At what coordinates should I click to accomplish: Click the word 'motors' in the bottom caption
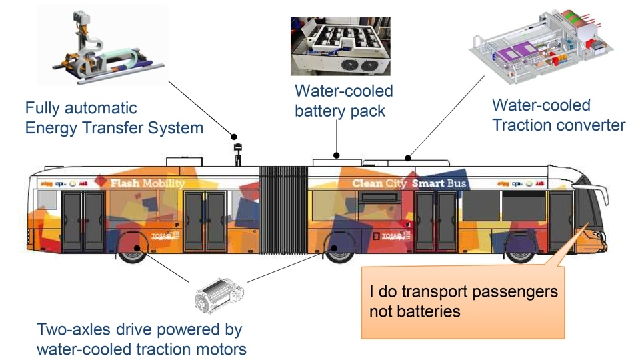tap(220, 348)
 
